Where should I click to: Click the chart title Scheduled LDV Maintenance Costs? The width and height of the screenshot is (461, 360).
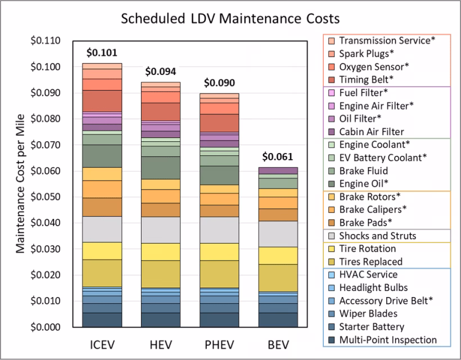coord(231,18)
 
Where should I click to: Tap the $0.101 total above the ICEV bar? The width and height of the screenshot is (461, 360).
coord(102,53)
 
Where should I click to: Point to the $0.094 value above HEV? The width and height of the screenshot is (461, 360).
coord(160,71)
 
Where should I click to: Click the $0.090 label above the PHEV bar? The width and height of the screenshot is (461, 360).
coord(219,83)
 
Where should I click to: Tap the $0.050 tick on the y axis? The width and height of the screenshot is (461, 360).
coord(53,197)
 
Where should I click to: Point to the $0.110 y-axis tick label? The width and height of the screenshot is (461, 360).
coord(53,41)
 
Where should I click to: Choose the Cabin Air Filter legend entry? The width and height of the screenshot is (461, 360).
coord(371,132)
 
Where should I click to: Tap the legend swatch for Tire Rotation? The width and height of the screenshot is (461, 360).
coord(330,249)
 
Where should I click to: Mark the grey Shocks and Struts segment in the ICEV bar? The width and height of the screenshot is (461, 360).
coord(102,229)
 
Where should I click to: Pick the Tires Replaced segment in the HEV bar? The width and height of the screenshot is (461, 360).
coord(160,274)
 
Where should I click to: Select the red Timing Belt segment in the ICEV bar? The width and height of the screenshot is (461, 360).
coord(102,101)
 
